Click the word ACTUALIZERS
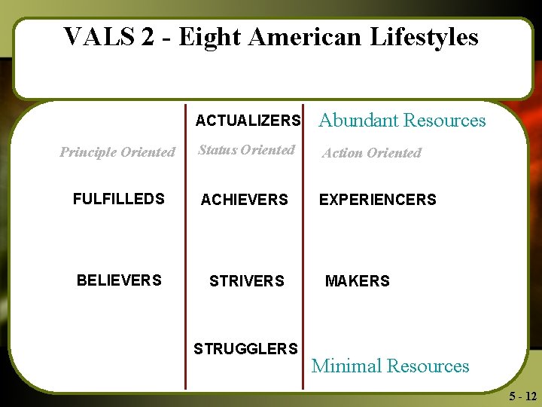tap(248, 121)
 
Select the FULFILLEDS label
tap(118, 199)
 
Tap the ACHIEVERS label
tap(244, 200)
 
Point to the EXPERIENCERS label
tap(377, 200)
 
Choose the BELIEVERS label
tap(119, 280)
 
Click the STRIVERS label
tap(246, 281)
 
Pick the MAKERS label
tap(357, 281)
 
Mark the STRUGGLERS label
tap(245, 349)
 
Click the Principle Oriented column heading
tap(117, 152)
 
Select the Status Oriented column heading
tap(246, 150)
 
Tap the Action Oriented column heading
tap(372, 153)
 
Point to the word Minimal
tap(345, 366)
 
